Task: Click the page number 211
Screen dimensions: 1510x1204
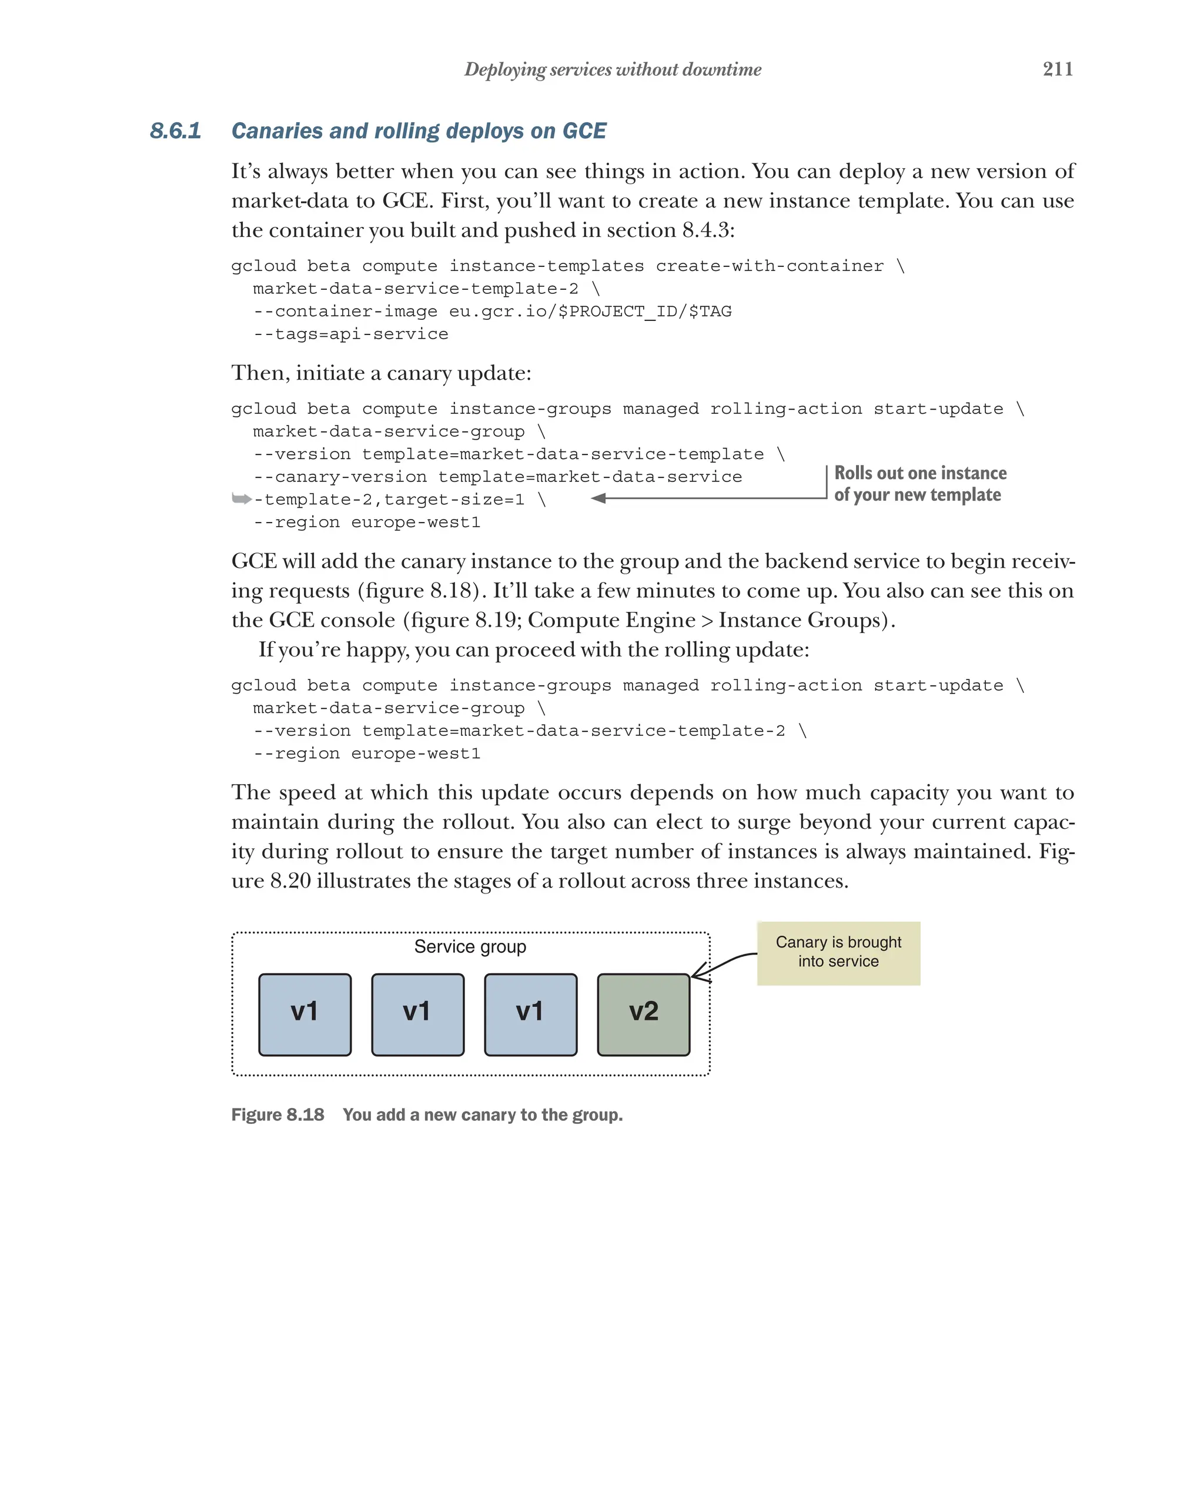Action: (x=1057, y=69)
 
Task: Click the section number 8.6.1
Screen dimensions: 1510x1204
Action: (x=175, y=131)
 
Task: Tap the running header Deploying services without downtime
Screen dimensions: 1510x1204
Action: (x=612, y=69)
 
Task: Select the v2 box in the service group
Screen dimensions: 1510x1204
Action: (x=643, y=1013)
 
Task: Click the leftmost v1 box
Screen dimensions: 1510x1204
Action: (x=305, y=1013)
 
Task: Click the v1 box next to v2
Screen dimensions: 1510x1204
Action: (x=530, y=1013)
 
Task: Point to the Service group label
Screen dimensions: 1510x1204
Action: (x=470, y=946)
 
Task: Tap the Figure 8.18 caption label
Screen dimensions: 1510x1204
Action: (x=277, y=1114)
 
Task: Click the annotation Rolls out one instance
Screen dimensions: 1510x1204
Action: (x=919, y=473)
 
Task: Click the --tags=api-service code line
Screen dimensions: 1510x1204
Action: (x=350, y=334)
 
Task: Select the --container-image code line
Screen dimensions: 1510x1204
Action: (x=491, y=311)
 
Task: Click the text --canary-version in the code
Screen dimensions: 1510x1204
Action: (x=340, y=477)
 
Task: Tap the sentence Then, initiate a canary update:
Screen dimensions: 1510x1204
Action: (x=381, y=373)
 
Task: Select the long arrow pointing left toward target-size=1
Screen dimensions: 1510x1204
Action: (x=707, y=498)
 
